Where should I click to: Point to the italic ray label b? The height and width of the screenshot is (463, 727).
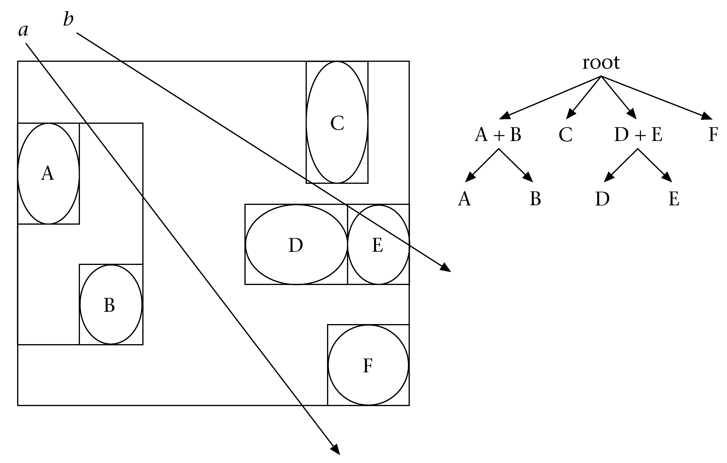68,20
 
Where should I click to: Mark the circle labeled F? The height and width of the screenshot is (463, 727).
368,365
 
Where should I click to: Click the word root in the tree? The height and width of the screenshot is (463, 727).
601,63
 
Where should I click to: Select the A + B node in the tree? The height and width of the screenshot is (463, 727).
498,134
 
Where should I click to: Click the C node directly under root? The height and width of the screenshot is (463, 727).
565,134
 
